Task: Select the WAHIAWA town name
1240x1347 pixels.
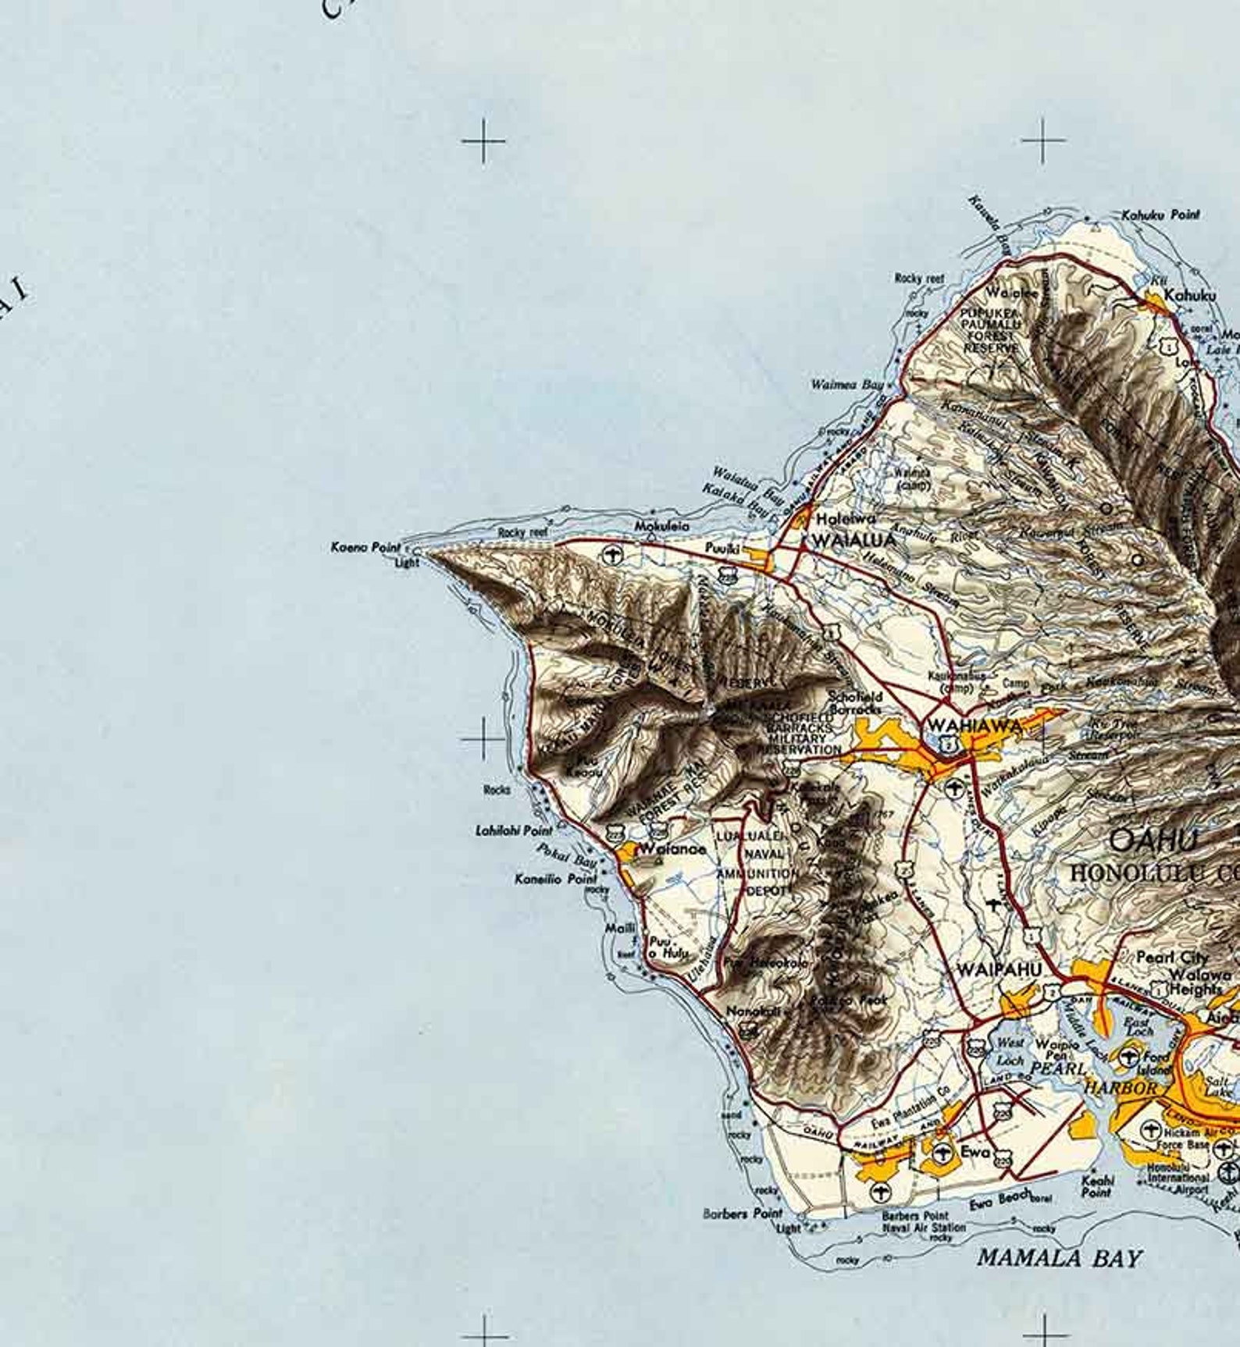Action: click(974, 726)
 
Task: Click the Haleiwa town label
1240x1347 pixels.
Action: click(845, 519)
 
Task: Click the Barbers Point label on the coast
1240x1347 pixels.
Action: click(742, 1214)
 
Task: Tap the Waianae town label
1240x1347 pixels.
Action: click(672, 849)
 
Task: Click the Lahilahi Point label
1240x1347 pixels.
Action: click(514, 830)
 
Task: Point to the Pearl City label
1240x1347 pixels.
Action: click(1172, 957)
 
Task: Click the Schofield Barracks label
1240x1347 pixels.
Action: click(855, 702)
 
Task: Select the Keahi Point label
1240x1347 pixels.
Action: click(1097, 1186)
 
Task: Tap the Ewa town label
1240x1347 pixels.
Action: click(975, 1152)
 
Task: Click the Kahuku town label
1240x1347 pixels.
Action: click(1189, 296)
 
